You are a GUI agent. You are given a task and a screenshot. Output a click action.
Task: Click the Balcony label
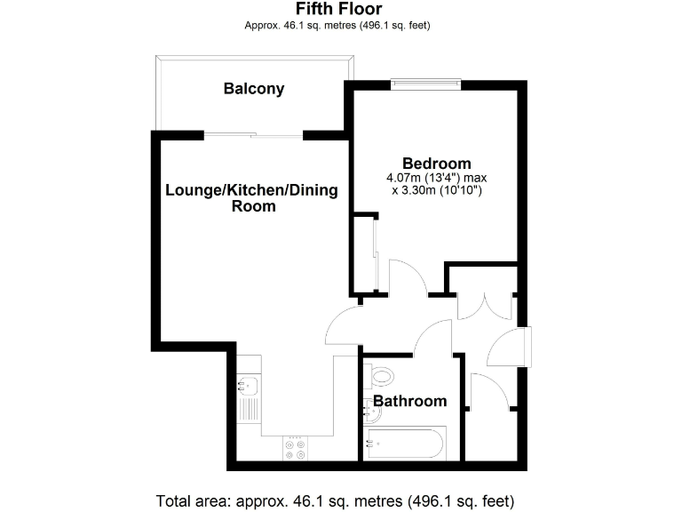coord(254,89)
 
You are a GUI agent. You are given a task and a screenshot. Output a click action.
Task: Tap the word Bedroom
coord(436,164)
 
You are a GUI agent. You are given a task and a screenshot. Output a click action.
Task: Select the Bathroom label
coord(409,401)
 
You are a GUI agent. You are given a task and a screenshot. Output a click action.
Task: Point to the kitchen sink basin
coord(248,385)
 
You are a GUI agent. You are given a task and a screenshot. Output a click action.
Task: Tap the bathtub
coord(405,442)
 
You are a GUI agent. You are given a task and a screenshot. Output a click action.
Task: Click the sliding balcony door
coord(254,135)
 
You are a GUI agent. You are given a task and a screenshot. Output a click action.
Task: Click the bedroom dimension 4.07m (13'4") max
coord(436,178)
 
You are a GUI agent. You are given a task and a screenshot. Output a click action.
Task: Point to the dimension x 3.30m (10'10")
coord(436,190)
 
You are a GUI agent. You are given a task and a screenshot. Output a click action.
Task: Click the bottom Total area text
coord(335,500)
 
